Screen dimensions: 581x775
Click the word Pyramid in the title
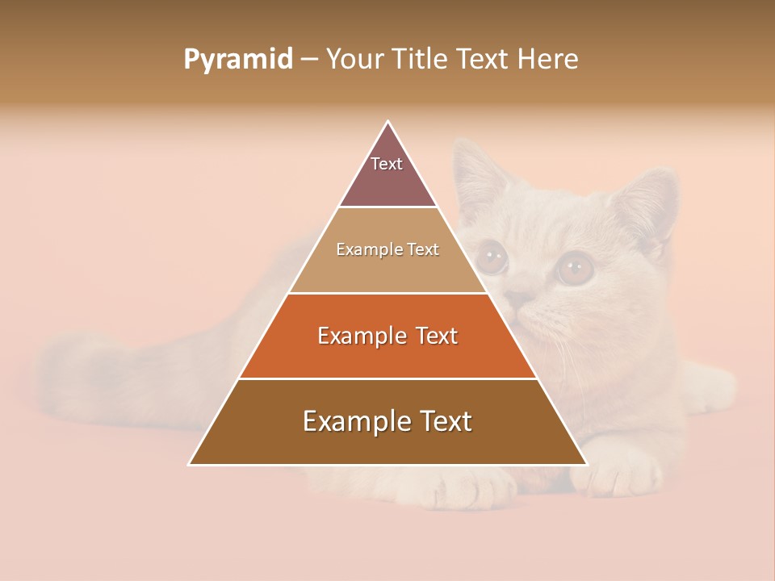coord(237,60)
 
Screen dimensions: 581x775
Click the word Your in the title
coord(354,60)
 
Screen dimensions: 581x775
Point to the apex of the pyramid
coord(388,122)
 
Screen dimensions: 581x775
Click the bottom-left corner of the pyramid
coord(191,464)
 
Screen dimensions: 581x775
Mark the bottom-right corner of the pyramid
coord(586,464)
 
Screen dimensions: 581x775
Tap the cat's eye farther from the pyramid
coord(575,267)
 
